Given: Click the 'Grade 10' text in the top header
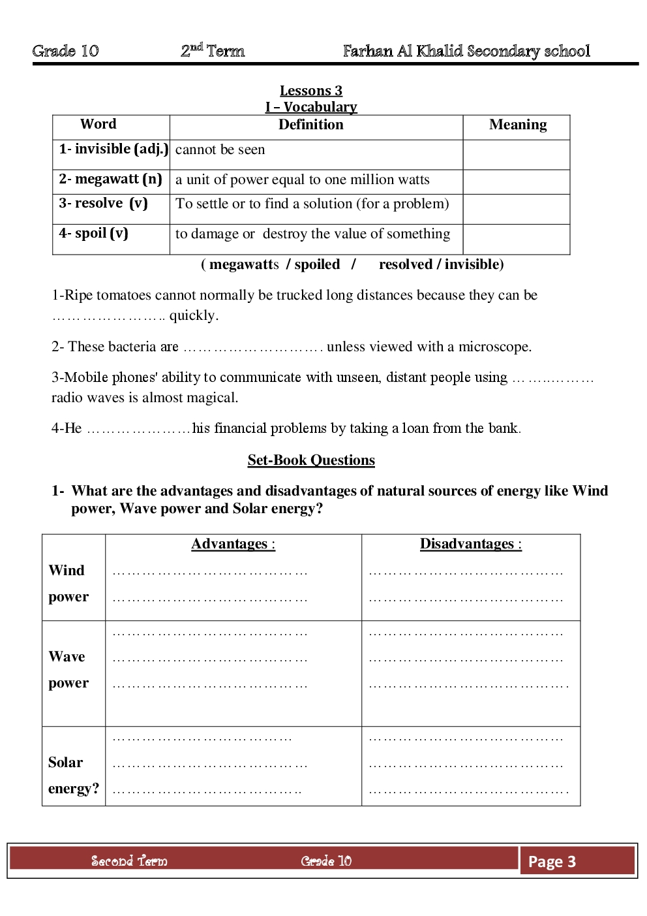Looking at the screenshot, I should click(x=65, y=51).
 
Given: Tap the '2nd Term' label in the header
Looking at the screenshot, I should click(x=213, y=51).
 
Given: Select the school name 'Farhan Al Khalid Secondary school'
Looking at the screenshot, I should click(x=466, y=51).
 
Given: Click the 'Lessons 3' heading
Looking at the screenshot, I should click(x=311, y=91).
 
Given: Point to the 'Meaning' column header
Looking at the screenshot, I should click(x=518, y=125).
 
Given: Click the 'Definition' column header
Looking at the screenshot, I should click(x=310, y=125).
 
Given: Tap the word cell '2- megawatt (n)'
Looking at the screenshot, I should click(x=110, y=179).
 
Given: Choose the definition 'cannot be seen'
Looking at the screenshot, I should click(x=220, y=150).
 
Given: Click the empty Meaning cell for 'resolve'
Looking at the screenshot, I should click(x=517, y=209).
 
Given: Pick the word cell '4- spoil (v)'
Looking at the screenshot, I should click(x=93, y=233).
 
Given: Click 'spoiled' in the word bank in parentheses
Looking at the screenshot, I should click(x=317, y=264).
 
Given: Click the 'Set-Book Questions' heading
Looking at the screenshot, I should click(x=311, y=460).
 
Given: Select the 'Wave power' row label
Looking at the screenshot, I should click(x=68, y=669).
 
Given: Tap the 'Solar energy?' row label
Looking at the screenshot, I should click(x=73, y=775).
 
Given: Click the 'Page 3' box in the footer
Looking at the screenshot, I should click(x=552, y=862).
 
